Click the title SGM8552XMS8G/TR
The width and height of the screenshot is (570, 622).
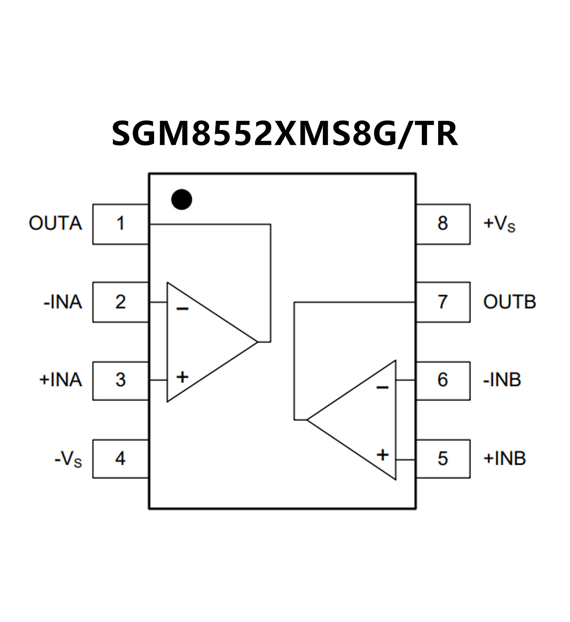click(284, 133)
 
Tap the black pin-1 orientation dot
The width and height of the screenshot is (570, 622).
click(182, 199)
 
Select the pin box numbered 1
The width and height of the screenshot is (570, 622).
click(120, 224)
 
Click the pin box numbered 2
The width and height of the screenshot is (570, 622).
click(120, 302)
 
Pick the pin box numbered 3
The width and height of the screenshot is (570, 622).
click(120, 380)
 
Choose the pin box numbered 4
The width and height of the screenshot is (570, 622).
click(120, 459)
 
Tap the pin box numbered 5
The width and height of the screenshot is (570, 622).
click(443, 459)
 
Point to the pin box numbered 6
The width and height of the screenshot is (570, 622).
click(443, 380)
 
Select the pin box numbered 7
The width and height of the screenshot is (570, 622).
click(443, 302)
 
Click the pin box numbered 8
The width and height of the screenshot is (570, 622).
click(443, 224)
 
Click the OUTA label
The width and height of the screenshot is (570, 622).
click(55, 224)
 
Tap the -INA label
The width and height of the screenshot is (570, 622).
click(63, 302)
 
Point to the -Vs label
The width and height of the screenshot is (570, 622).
click(68, 460)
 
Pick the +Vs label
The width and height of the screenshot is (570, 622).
click(499, 224)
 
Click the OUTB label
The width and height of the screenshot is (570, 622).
click(509, 302)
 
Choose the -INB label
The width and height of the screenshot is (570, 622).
click(502, 380)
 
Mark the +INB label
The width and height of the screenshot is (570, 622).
click(504, 459)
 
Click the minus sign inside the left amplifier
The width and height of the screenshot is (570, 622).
click(182, 309)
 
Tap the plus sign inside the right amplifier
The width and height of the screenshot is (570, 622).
click(382, 455)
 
